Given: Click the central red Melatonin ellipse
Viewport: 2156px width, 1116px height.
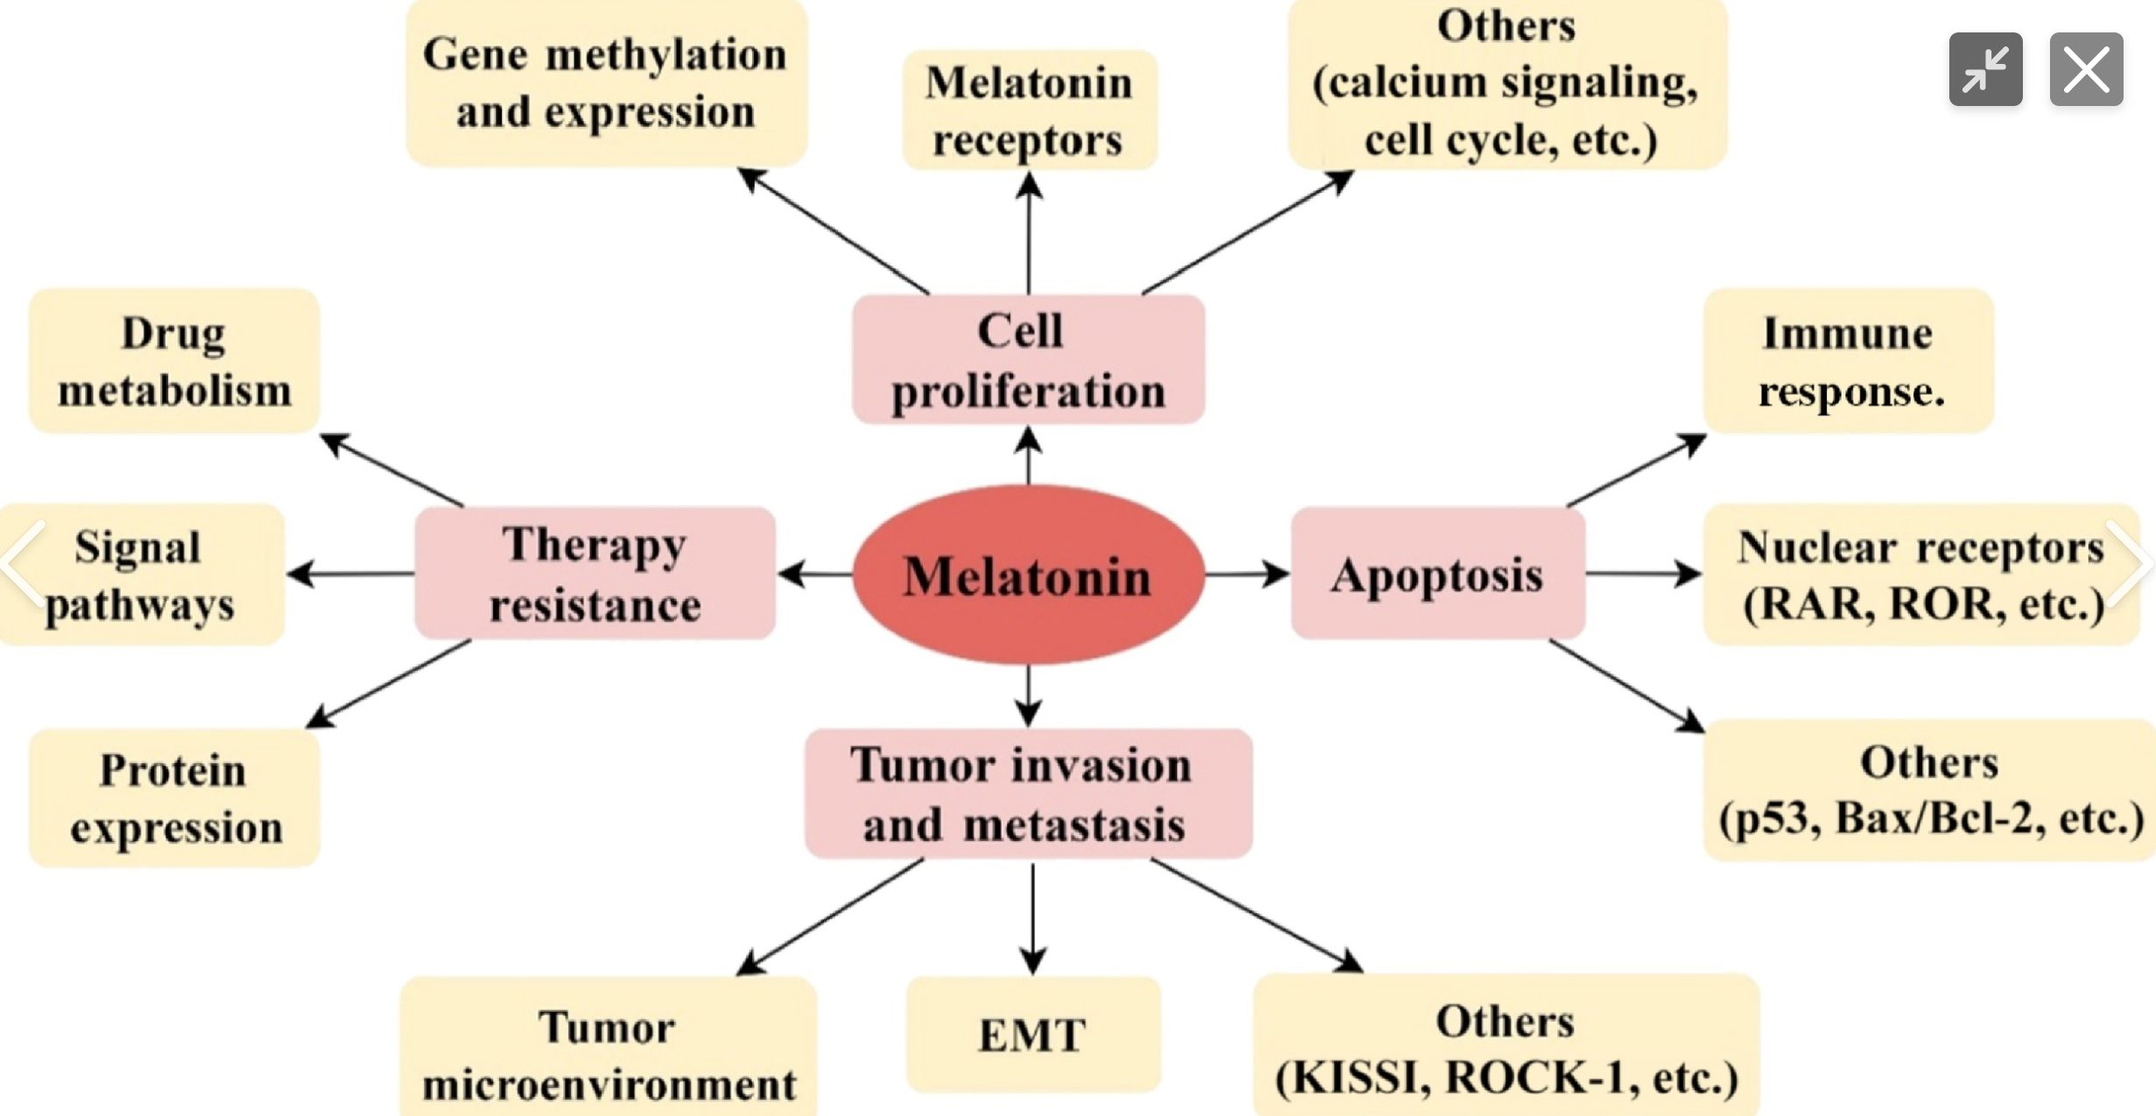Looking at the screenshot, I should point(1028,575).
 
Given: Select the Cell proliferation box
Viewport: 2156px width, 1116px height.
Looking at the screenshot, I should point(1028,359).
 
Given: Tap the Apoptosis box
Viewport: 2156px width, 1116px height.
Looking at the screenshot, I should point(1437,574).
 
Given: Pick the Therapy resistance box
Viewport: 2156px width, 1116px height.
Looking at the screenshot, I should point(595,574).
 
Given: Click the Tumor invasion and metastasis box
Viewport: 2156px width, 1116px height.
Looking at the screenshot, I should point(1028,794).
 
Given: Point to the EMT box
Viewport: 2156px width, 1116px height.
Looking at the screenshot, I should point(1032,1035).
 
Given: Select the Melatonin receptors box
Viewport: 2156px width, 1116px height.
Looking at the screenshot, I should point(1029,110).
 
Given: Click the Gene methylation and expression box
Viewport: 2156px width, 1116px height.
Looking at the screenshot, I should point(605,83).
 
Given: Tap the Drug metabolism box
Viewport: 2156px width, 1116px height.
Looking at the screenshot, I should point(173,361).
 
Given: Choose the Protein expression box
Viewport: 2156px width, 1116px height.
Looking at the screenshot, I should point(173,798).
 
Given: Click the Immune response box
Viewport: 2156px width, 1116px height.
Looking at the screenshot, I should point(1848,361).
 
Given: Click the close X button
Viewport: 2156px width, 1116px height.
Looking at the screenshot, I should point(2086,69).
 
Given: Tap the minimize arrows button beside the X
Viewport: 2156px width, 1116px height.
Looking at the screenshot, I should point(1985,69).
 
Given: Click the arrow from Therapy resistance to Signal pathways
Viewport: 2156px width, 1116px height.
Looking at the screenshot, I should point(350,574).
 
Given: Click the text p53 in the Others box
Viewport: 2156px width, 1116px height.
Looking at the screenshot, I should point(1772,818).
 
